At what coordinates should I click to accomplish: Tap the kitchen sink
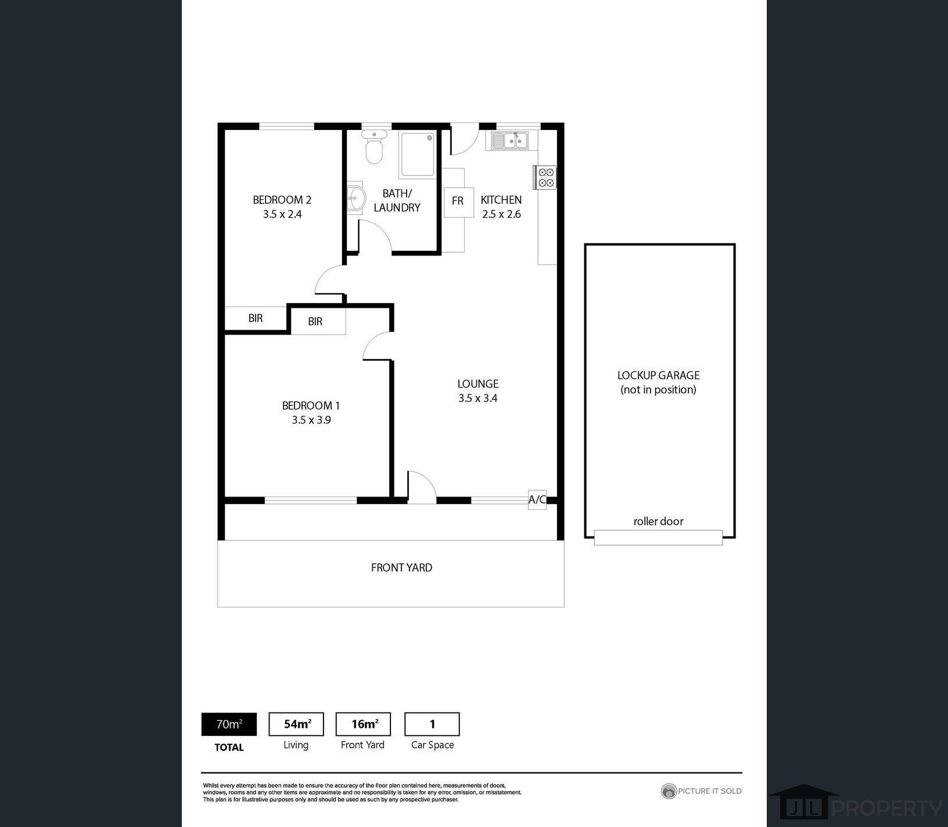pyautogui.click(x=509, y=140)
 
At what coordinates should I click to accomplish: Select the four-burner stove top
pyautogui.click(x=545, y=177)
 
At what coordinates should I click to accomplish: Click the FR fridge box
pyautogui.click(x=458, y=202)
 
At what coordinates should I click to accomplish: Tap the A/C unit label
pyautogui.click(x=537, y=499)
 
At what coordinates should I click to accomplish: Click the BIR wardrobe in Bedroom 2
pyautogui.click(x=256, y=318)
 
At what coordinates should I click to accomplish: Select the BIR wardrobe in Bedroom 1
pyautogui.click(x=318, y=321)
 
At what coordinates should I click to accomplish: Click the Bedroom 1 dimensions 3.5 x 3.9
pyautogui.click(x=311, y=420)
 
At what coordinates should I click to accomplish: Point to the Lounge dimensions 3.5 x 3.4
pyautogui.click(x=477, y=398)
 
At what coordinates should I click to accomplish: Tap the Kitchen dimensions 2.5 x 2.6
pyautogui.click(x=501, y=214)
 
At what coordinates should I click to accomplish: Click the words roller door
pyautogui.click(x=658, y=522)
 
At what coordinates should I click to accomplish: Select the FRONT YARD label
pyautogui.click(x=401, y=568)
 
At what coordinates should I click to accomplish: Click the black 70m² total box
pyautogui.click(x=229, y=724)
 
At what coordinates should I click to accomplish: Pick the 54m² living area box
pyautogui.click(x=296, y=724)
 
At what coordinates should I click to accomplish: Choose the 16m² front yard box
pyautogui.click(x=364, y=724)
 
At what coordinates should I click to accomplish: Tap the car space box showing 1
pyautogui.click(x=432, y=724)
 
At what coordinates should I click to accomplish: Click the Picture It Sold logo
pyautogui.click(x=702, y=791)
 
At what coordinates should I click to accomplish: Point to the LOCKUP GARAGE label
pyautogui.click(x=658, y=376)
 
